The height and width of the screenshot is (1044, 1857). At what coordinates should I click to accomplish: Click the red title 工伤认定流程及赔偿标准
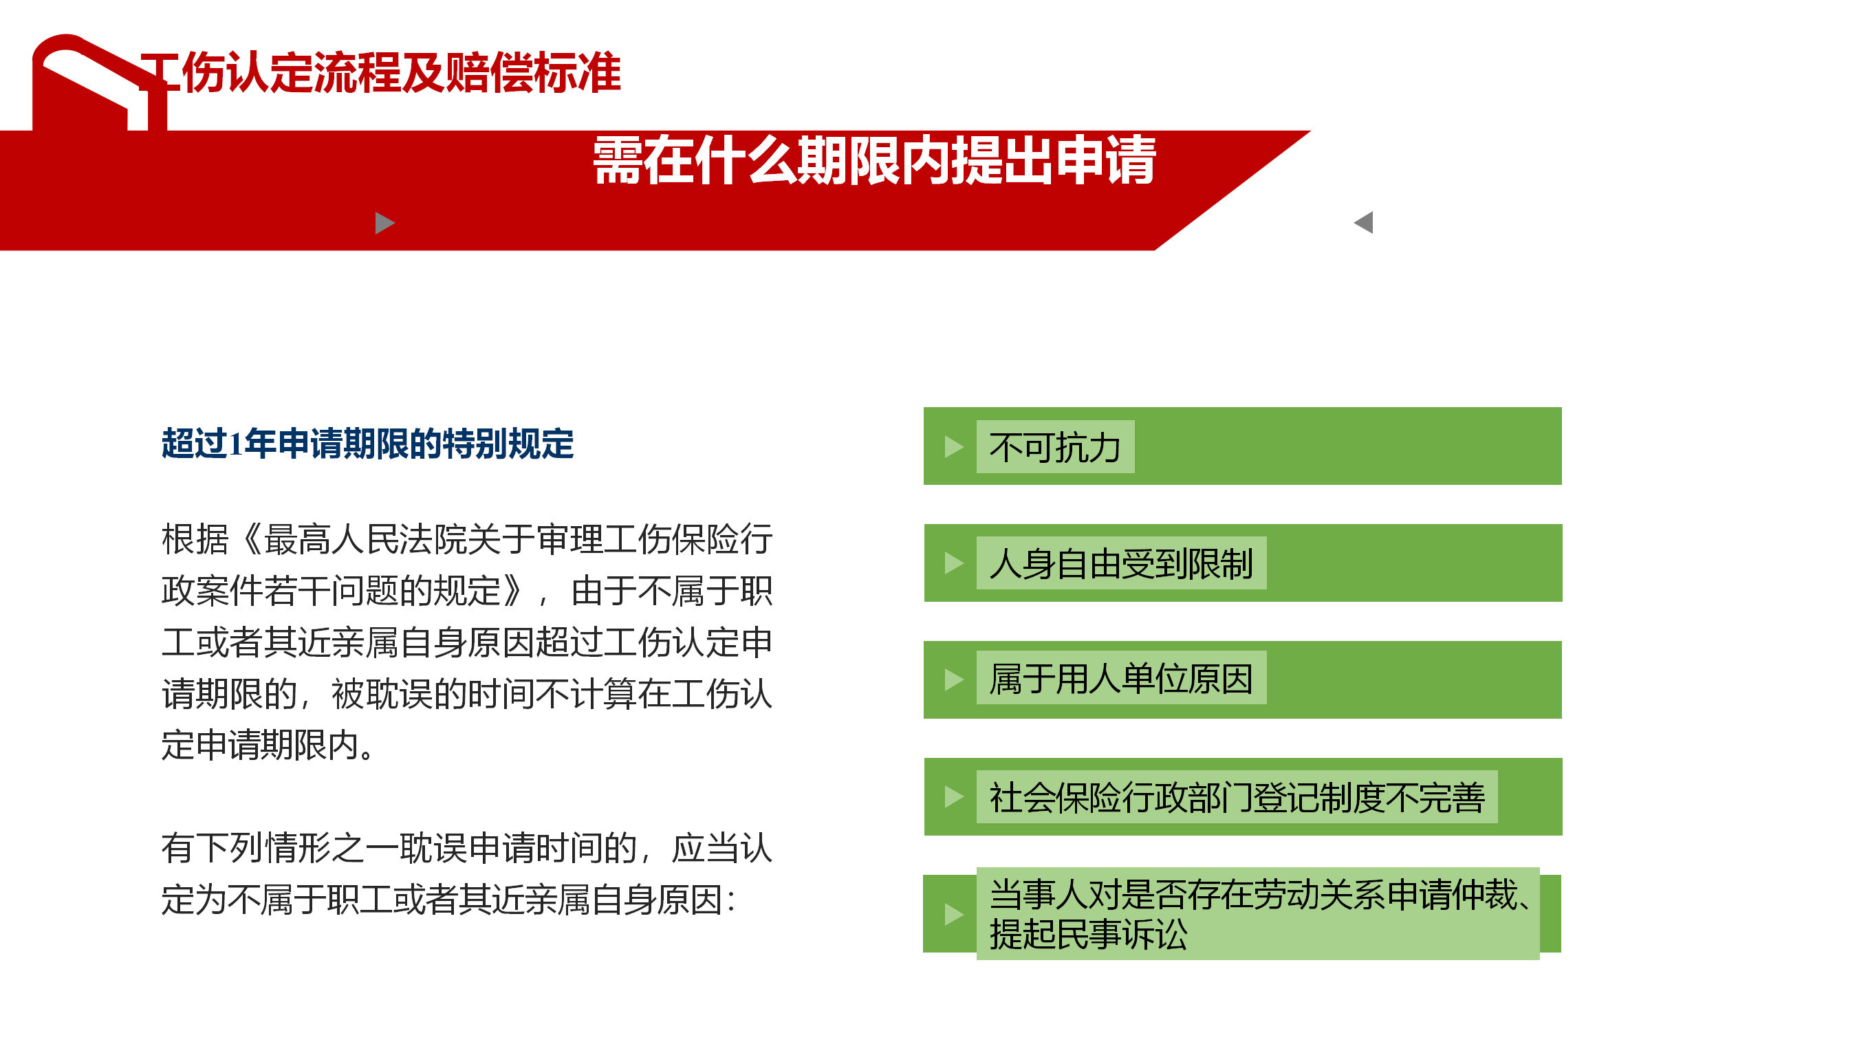(x=380, y=72)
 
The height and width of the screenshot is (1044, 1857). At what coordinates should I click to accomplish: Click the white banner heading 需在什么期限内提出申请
(x=874, y=160)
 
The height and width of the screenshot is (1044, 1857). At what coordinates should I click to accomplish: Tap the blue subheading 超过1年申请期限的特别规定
(x=368, y=444)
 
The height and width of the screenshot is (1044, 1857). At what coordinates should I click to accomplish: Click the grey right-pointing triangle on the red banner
(x=385, y=223)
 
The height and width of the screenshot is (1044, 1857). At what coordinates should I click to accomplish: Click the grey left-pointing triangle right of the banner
(x=1363, y=222)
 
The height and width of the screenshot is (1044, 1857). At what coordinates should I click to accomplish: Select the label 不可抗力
(x=1054, y=448)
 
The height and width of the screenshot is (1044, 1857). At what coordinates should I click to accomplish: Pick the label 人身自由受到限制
(x=1121, y=564)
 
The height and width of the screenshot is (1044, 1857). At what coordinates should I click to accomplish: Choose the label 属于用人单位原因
(x=1121, y=679)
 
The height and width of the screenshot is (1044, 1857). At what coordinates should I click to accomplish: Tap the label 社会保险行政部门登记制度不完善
(x=1237, y=797)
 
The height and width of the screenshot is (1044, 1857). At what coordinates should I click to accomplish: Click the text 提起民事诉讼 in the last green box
(x=1089, y=935)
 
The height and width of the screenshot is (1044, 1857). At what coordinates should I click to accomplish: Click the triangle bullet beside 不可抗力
(x=954, y=447)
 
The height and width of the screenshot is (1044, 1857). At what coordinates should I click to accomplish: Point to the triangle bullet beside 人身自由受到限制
(x=954, y=563)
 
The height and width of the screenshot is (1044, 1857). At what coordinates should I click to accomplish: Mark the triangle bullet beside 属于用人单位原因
(x=954, y=680)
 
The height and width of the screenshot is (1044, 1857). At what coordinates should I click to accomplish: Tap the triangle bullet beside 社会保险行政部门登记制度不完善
(x=954, y=796)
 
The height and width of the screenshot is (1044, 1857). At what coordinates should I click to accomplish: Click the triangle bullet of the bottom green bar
(x=954, y=914)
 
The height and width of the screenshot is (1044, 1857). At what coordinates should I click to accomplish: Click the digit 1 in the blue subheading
(x=236, y=444)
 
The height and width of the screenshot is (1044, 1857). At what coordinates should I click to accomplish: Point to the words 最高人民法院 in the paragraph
(x=365, y=539)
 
